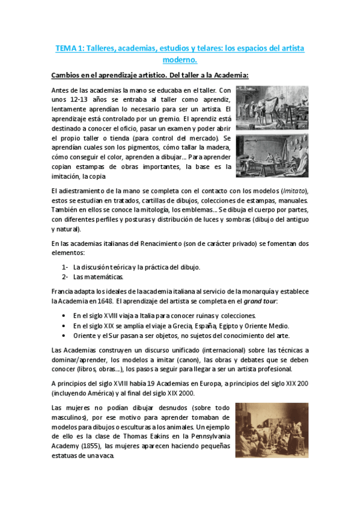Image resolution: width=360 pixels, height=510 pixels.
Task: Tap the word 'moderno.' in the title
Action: (x=180, y=60)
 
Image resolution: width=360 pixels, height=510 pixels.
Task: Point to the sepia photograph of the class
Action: (x=272, y=430)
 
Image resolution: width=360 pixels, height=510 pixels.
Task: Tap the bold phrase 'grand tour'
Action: (x=260, y=301)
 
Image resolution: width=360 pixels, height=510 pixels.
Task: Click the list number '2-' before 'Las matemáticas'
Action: (x=66, y=277)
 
